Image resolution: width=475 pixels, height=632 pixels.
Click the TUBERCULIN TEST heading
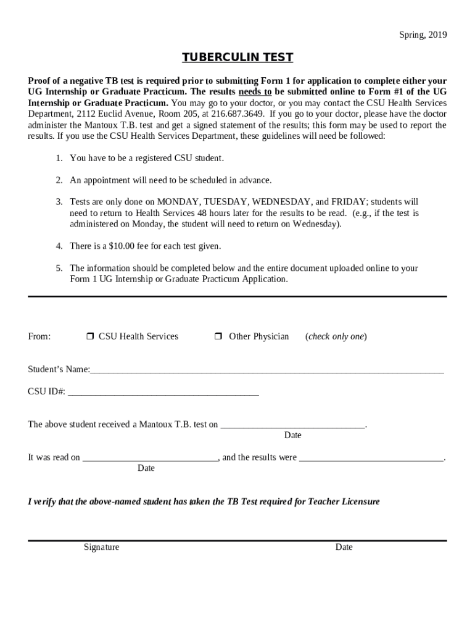(238, 58)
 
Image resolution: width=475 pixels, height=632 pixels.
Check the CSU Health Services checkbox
(89, 336)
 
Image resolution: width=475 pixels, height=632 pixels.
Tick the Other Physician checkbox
(218, 336)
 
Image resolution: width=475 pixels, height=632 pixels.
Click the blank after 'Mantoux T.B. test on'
(293, 425)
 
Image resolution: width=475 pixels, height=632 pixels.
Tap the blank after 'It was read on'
(150, 459)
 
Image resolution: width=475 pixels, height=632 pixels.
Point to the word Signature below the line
(102, 547)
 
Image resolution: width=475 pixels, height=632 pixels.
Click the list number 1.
(59, 158)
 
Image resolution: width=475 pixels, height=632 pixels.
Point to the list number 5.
(59, 268)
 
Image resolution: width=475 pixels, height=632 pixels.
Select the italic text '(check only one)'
(336, 336)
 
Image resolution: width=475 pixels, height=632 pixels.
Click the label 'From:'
(39, 336)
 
